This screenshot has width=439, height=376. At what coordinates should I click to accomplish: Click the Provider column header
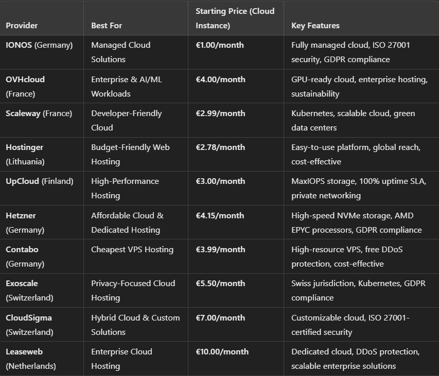tap(22, 25)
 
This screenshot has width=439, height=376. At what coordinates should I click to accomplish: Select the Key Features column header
tap(315, 25)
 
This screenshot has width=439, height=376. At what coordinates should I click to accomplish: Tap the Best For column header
tap(107, 25)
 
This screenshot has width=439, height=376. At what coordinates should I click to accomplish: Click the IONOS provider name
tap(19, 45)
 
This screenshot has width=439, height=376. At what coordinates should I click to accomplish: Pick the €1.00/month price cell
tap(220, 45)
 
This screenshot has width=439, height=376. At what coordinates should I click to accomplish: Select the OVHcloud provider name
tap(25, 80)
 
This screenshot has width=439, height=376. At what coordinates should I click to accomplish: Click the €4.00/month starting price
tap(220, 80)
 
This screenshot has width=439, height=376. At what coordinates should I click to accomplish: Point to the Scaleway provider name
tap(23, 114)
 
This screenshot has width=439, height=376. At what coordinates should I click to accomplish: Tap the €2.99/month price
tap(220, 114)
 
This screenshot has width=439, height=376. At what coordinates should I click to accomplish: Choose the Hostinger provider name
tap(25, 147)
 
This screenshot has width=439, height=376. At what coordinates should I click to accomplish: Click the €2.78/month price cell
tap(220, 147)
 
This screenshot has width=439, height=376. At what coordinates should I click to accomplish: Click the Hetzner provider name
tap(21, 216)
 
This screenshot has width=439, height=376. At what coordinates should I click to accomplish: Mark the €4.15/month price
tap(220, 216)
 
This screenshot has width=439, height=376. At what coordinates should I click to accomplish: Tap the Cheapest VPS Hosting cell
tap(132, 250)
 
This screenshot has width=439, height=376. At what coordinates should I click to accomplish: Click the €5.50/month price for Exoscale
tap(220, 284)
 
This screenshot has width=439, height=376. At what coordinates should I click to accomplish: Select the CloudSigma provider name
tap(29, 318)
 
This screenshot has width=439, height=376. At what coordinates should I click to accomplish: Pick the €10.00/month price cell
tap(222, 352)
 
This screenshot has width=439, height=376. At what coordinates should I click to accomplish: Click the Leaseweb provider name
tap(24, 352)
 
